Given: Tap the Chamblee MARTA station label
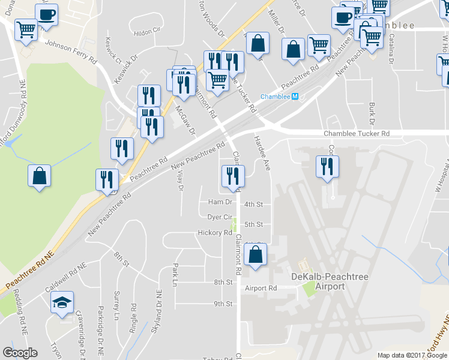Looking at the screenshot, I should [280, 97].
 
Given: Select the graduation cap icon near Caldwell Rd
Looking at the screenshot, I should [61, 303].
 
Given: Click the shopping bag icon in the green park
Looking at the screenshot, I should [39, 176].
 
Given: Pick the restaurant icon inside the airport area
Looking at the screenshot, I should [327, 166].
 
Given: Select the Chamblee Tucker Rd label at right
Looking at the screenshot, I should [357, 133].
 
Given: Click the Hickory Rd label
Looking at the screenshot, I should [215, 232].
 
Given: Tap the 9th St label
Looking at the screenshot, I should [223, 304].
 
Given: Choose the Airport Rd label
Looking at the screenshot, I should [261, 288].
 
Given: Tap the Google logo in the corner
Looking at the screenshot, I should [20, 353].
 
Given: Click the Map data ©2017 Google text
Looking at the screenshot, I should [411, 355].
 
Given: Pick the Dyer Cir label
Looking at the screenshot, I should [219, 217].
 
